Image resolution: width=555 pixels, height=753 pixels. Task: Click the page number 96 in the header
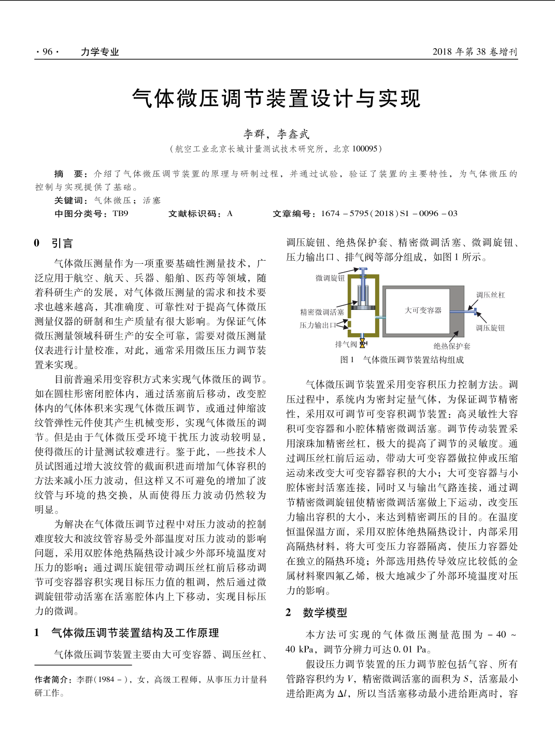click(x=47, y=52)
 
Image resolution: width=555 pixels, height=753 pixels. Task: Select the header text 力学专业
click(x=99, y=52)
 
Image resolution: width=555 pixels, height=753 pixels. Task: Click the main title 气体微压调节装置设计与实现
click(x=276, y=98)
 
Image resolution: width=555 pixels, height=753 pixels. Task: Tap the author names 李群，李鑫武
click(x=276, y=134)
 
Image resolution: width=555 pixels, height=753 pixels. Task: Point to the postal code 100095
click(x=365, y=149)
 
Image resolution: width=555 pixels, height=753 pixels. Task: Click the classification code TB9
click(x=120, y=214)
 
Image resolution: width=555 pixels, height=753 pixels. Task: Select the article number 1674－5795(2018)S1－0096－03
click(x=389, y=214)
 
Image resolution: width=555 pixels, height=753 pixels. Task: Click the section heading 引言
click(x=62, y=243)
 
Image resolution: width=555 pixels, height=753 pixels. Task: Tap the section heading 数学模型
click(x=325, y=613)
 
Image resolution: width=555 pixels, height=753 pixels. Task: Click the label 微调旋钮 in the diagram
click(x=330, y=278)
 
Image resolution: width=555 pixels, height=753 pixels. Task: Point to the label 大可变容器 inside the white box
click(x=423, y=310)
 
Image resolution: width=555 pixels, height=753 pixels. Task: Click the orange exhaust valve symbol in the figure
click(x=363, y=344)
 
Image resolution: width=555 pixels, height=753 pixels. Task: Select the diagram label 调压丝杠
click(x=490, y=295)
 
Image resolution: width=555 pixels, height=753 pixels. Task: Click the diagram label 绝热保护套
click(x=452, y=346)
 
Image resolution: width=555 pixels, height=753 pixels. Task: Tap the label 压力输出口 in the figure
click(x=318, y=325)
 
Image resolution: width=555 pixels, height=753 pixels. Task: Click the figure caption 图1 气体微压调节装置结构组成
click(x=402, y=360)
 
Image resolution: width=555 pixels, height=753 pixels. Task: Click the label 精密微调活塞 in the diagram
click(x=322, y=312)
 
